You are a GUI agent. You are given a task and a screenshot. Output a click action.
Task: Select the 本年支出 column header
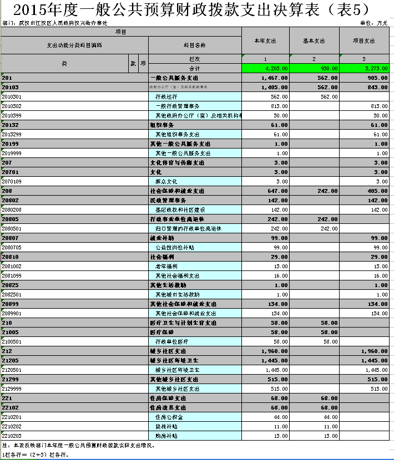click(x=265, y=41)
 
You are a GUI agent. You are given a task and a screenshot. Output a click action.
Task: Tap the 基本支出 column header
click(x=314, y=41)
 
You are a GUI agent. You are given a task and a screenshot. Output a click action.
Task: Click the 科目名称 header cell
click(x=194, y=45)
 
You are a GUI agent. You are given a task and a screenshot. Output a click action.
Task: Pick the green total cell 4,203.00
click(x=265, y=68)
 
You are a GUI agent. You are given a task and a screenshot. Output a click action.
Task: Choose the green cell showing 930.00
click(x=314, y=68)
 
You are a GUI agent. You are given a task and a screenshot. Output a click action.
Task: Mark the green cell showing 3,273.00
click(x=363, y=68)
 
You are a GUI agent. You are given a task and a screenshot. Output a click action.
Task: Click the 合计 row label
click(x=194, y=68)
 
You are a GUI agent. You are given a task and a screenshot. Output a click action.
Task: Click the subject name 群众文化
click(x=166, y=181)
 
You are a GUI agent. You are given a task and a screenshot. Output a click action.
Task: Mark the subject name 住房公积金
click(x=169, y=417)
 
